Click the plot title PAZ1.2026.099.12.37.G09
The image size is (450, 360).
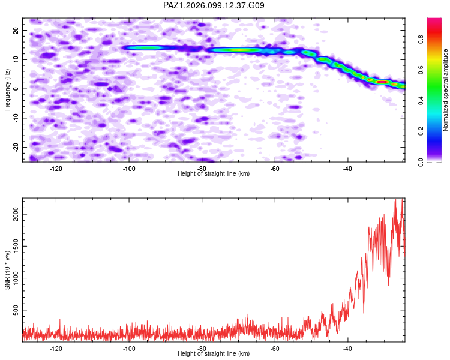214,5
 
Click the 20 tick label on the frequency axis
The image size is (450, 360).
16,30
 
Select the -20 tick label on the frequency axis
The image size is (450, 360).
16,147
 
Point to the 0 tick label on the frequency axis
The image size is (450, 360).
16,89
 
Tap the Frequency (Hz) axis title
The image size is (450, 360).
7,90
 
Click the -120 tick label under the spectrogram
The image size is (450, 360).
56,169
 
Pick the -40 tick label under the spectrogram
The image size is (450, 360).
347,169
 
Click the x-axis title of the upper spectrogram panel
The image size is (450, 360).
214,173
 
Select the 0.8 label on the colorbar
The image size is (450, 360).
421,40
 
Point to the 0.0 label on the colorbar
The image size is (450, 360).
421,162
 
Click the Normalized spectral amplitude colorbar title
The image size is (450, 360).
445,90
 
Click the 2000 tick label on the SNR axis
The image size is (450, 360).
16,214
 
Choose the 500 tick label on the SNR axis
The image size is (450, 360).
16,310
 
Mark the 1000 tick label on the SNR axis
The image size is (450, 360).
16,278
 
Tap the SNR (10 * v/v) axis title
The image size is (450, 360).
7,270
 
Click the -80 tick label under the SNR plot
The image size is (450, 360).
202,349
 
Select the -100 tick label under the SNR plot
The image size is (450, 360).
129,349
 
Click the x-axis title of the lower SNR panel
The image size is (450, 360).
214,353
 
